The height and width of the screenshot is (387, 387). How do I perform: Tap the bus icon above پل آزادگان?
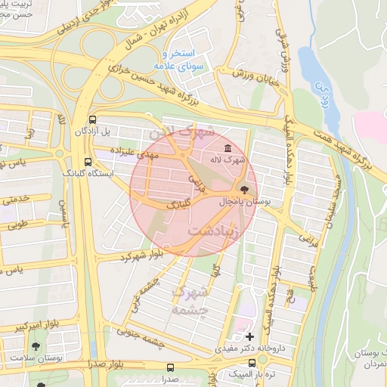pyautogui.click(x=92, y=119)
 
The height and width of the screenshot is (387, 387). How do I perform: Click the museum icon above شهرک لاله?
pyautogui.click(x=229, y=147)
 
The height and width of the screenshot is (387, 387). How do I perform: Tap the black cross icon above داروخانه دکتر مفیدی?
pyautogui.click(x=250, y=336)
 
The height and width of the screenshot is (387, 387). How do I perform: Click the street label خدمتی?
pyautogui.click(x=15, y=200)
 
